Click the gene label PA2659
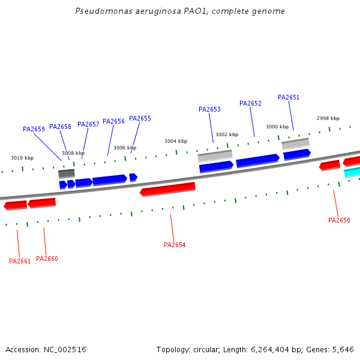(x=34, y=129)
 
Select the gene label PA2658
(x=60, y=127)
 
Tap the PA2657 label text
(x=88, y=124)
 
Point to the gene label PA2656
(x=113, y=121)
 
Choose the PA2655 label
(x=140, y=118)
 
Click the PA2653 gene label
(x=209, y=109)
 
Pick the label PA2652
(x=250, y=103)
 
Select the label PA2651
(x=289, y=97)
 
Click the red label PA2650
(x=339, y=220)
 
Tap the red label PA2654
(x=175, y=245)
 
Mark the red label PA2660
(x=47, y=259)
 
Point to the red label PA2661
(x=20, y=261)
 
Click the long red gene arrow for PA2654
(x=168, y=190)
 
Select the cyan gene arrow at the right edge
(x=352, y=173)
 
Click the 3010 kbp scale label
(x=22, y=158)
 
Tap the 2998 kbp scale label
(x=328, y=118)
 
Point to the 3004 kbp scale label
(x=176, y=141)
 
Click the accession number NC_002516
(x=65, y=349)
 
